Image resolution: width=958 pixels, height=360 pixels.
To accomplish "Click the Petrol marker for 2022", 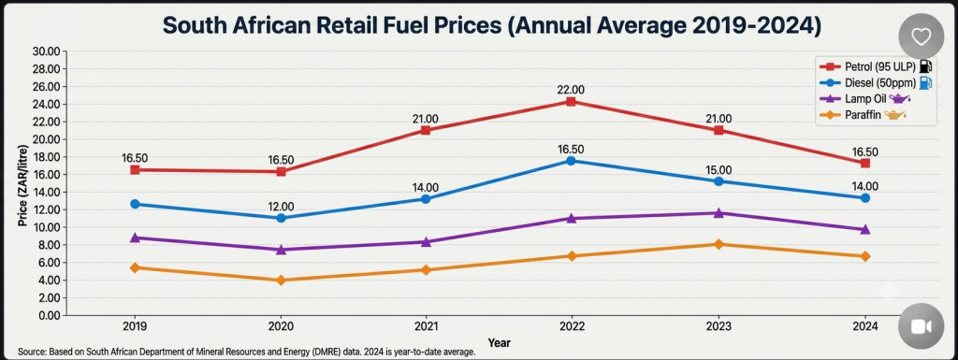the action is pyautogui.click(x=570, y=101).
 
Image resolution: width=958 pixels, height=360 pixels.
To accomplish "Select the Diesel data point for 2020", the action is pyautogui.click(x=281, y=218).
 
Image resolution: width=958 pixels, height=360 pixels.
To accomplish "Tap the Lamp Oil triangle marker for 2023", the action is pyautogui.click(x=718, y=213).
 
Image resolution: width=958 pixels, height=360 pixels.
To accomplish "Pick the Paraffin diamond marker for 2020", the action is pyautogui.click(x=281, y=281).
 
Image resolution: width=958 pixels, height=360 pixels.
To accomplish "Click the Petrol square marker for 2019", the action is pyautogui.click(x=135, y=169).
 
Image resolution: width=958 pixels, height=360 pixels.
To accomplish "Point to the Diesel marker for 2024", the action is pyautogui.click(x=865, y=198).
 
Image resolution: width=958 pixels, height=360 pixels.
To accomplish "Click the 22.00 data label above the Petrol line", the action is pyautogui.click(x=571, y=90).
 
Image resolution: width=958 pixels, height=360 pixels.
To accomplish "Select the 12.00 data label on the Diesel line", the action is pyautogui.click(x=281, y=207).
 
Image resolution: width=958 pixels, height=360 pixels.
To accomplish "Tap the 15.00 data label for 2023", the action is pyautogui.click(x=718, y=170).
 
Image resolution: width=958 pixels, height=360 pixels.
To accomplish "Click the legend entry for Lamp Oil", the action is pyautogui.click(x=866, y=98).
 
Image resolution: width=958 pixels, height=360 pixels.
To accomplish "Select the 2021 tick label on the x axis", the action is pyautogui.click(x=426, y=326).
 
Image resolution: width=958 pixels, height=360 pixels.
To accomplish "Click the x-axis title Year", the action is pyautogui.click(x=500, y=343).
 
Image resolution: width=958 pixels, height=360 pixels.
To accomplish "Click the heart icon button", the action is pyautogui.click(x=921, y=37).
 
